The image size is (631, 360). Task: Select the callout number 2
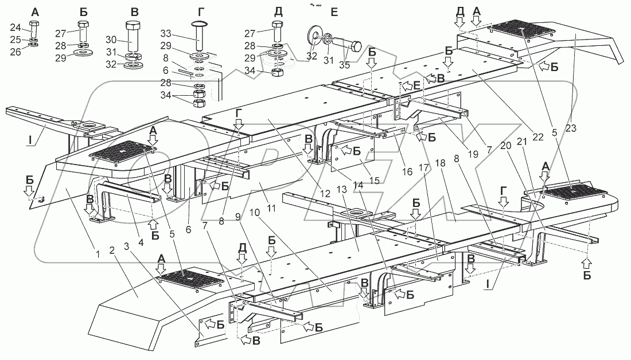tap(112, 251)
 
